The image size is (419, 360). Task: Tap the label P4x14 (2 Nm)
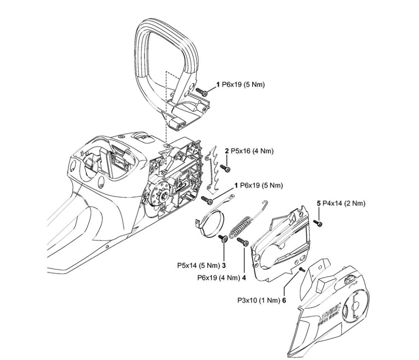pos(344,203)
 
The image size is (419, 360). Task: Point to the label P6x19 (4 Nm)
pos(218,277)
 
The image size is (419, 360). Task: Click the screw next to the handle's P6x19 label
pos(201,91)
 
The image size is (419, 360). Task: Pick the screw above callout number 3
pos(223,238)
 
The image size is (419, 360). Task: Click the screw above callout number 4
pos(243,242)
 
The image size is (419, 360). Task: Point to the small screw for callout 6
pos(302,269)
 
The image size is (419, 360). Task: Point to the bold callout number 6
pos(283,300)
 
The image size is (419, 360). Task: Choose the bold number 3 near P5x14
pos(224,265)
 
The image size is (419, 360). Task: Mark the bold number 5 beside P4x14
pos(319,203)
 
